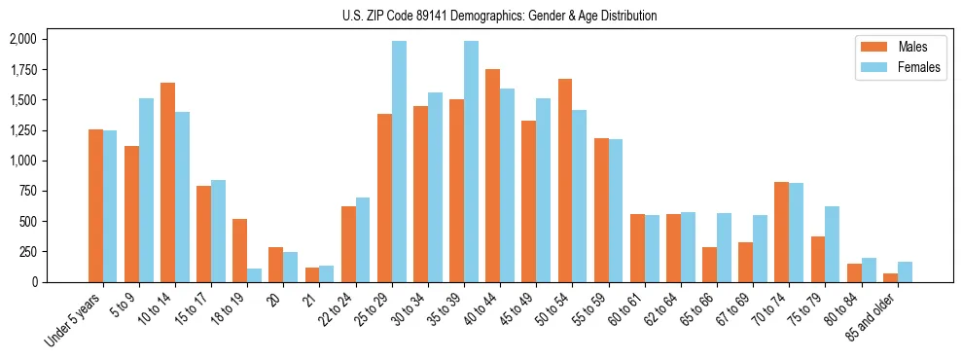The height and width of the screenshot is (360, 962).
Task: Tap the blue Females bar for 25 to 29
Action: coord(399,162)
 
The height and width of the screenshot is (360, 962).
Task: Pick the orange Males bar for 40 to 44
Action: coord(492,175)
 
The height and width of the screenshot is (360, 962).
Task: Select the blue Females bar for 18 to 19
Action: coord(254,275)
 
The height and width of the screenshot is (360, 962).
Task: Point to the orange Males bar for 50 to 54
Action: coord(564,180)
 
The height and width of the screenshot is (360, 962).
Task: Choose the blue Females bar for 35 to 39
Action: coord(471,162)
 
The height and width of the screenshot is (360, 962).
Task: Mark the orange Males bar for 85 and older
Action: coord(890,277)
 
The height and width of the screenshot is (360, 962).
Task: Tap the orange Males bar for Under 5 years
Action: coord(95,205)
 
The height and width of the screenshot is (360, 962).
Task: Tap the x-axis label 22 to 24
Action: coord(341,310)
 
